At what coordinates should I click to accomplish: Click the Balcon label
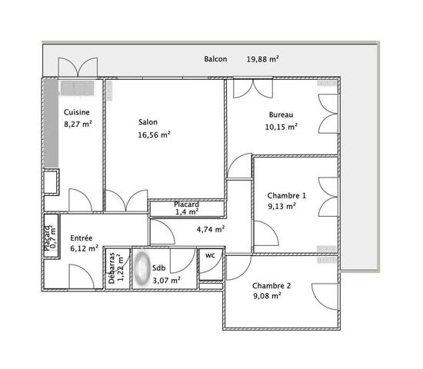(x=215, y=59)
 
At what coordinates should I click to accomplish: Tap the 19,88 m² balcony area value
(x=262, y=59)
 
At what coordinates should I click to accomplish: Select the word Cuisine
(x=77, y=112)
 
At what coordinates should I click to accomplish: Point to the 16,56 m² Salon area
(x=154, y=135)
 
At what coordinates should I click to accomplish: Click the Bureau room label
(x=281, y=115)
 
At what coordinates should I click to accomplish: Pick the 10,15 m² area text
(x=281, y=127)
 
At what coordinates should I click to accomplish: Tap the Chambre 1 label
(x=287, y=195)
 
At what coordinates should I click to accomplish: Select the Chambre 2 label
(x=271, y=286)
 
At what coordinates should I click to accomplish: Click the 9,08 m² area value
(x=267, y=296)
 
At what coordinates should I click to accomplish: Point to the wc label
(x=210, y=255)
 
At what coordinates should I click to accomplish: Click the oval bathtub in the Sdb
(x=142, y=268)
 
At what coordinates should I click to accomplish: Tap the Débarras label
(x=112, y=268)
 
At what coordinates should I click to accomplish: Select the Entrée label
(x=82, y=238)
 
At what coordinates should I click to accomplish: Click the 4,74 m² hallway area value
(x=211, y=230)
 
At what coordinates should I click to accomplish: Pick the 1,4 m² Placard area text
(x=187, y=212)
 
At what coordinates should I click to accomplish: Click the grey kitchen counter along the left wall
(x=51, y=123)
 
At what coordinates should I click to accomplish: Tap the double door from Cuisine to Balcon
(x=78, y=67)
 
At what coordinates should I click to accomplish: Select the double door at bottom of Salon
(x=127, y=201)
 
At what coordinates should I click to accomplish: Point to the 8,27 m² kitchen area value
(x=78, y=124)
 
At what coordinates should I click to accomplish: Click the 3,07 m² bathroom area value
(x=166, y=281)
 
